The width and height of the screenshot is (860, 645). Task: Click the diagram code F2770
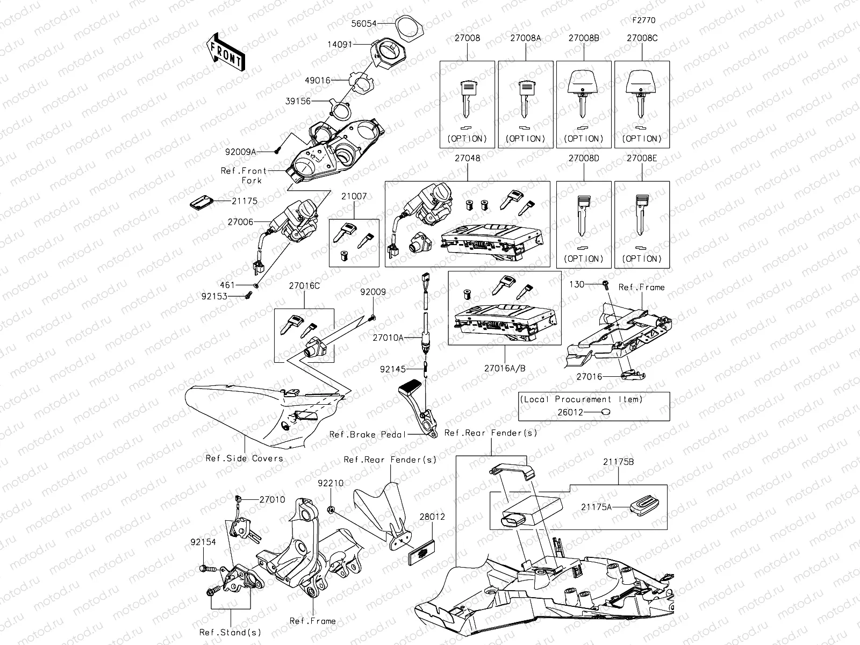(643, 20)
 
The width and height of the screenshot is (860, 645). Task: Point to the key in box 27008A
(525, 98)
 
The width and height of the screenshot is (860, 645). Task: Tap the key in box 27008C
(641, 94)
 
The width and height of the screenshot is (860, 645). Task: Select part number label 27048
(467, 159)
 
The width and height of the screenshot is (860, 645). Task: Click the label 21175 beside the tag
(245, 201)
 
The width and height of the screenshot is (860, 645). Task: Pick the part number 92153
(214, 296)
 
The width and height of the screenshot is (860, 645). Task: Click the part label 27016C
(304, 286)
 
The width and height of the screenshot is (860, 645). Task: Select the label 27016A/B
(505, 368)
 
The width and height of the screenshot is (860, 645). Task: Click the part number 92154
(203, 542)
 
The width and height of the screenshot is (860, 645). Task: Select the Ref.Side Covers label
(244, 458)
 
